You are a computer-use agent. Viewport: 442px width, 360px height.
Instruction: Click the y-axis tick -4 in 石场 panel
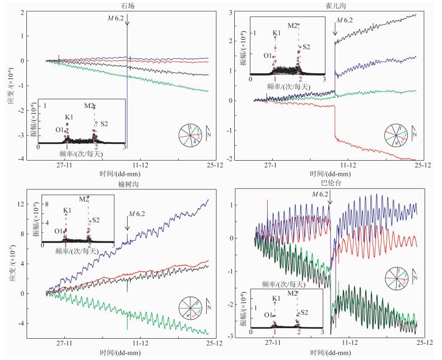click(x=22, y=160)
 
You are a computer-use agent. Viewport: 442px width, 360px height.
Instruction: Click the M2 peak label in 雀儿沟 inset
click(x=293, y=26)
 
